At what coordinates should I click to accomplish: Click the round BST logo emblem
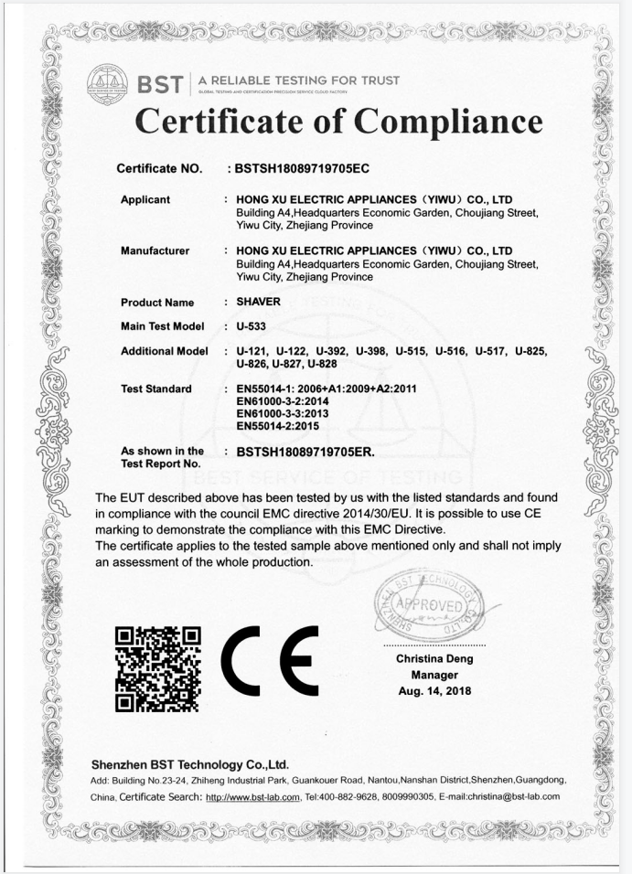(x=106, y=83)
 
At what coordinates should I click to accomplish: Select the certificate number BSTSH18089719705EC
(x=302, y=169)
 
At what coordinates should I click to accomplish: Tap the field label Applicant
(x=145, y=199)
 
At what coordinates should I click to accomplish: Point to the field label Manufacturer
(x=155, y=250)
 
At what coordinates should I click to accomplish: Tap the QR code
(x=158, y=669)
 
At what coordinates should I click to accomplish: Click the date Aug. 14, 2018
(x=434, y=690)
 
